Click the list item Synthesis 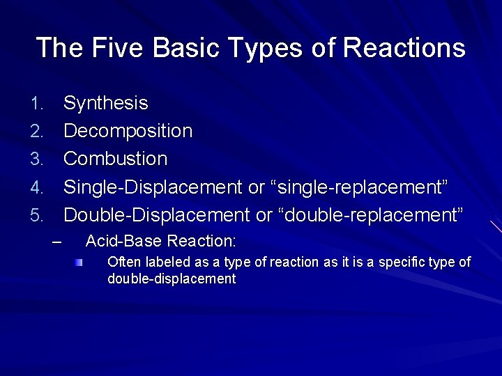[x=105, y=104]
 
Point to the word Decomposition [x=128, y=132]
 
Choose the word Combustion [x=115, y=159]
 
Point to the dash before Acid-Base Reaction [x=57, y=242]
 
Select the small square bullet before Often [x=80, y=263]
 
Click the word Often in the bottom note [x=123, y=263]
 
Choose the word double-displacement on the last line [x=172, y=279]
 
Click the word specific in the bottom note [x=400, y=263]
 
